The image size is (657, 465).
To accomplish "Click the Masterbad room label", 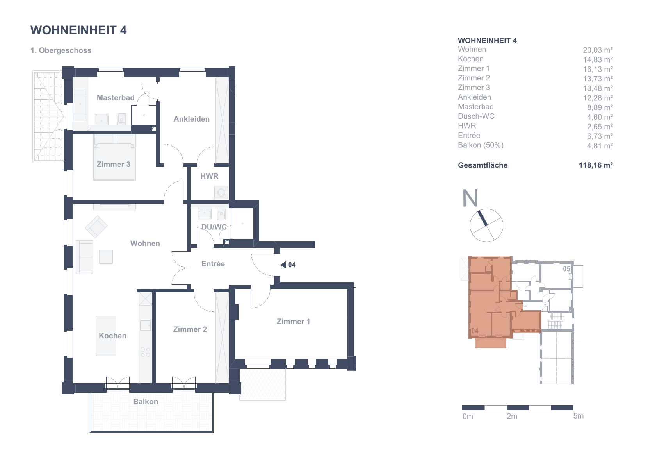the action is pos(116,97).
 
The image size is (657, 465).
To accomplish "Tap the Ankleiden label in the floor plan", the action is pos(192,119).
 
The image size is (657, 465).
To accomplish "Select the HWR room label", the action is pos(209,176).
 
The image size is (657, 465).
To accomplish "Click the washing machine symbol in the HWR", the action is pos(221,192).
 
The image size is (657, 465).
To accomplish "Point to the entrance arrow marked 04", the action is pos(283,265).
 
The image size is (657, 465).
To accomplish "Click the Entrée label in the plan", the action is pos(213,264).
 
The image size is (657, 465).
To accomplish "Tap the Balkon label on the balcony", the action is pos(146,401).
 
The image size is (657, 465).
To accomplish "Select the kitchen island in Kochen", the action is pos(105,336).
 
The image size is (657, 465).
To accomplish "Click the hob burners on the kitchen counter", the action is pos(145,352).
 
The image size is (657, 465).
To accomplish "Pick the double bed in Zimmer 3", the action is pos(114,157).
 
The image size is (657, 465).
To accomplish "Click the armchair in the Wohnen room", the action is pos(96,227).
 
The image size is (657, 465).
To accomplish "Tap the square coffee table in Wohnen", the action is pos(106,257).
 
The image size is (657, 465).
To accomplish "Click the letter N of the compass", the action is pos(470,198).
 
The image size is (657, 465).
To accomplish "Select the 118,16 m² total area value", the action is pos(596,165).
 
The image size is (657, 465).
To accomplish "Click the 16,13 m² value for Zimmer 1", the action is pos(598,69).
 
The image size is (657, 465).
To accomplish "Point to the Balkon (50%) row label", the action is pos(481,145).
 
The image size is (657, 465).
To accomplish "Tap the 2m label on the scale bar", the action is pos(512,416).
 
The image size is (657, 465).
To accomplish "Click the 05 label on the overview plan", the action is pos(566,268).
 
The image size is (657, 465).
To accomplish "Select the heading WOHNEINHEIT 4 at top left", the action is pos(78,30).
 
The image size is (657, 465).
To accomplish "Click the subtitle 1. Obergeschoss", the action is pos(61,50).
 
